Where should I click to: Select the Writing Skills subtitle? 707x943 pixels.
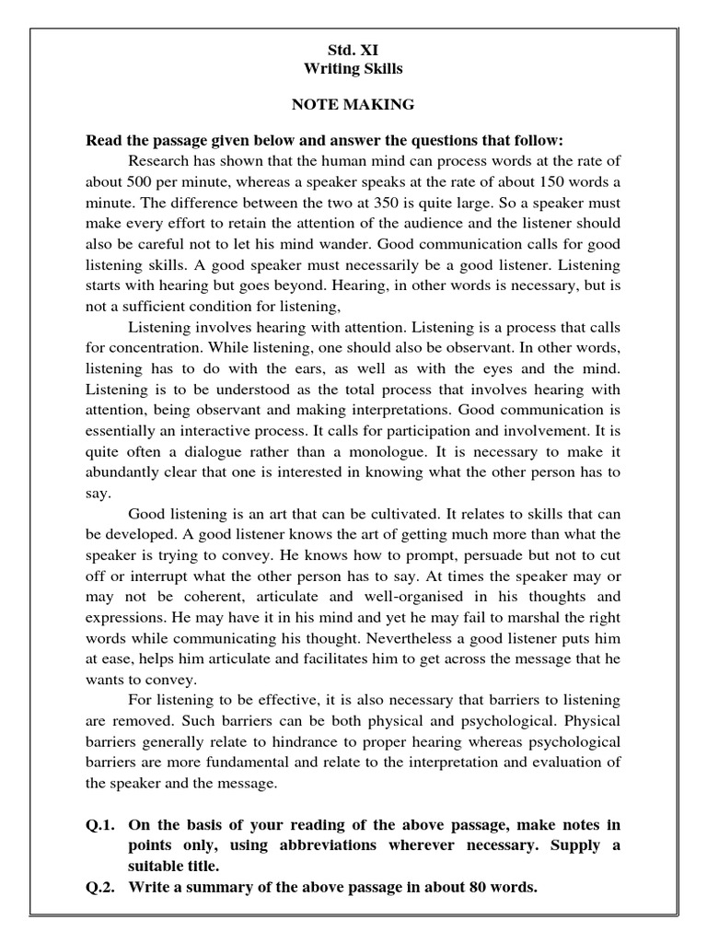pos(353,69)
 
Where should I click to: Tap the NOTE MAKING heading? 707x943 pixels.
pos(353,105)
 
